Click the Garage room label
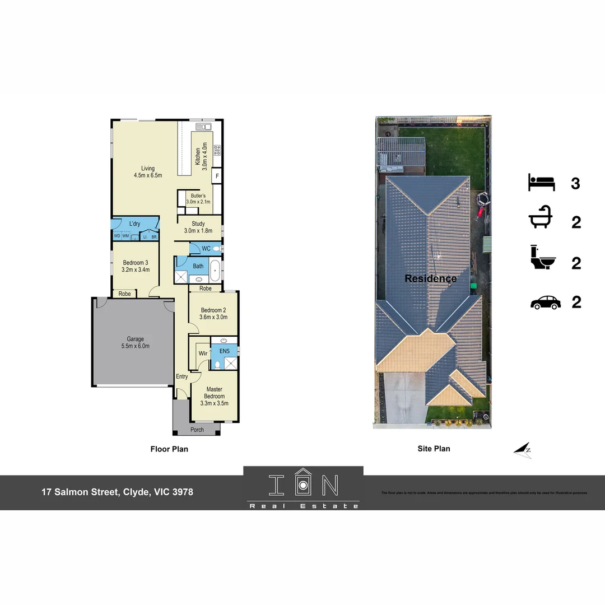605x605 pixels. point(135,342)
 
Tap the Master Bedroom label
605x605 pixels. point(214,395)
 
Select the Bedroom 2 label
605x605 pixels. point(213,314)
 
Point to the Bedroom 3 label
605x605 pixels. point(135,266)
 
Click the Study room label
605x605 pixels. point(198,227)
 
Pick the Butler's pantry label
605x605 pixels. point(198,199)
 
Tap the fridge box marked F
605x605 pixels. point(217,176)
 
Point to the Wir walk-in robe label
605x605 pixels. point(203,353)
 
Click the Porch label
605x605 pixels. point(197,430)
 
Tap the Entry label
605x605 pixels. point(182,376)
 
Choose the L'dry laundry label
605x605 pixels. point(134,224)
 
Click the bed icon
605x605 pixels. point(541,183)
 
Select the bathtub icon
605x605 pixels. point(541,221)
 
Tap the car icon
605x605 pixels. point(545,302)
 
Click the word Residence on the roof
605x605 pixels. point(430,278)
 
